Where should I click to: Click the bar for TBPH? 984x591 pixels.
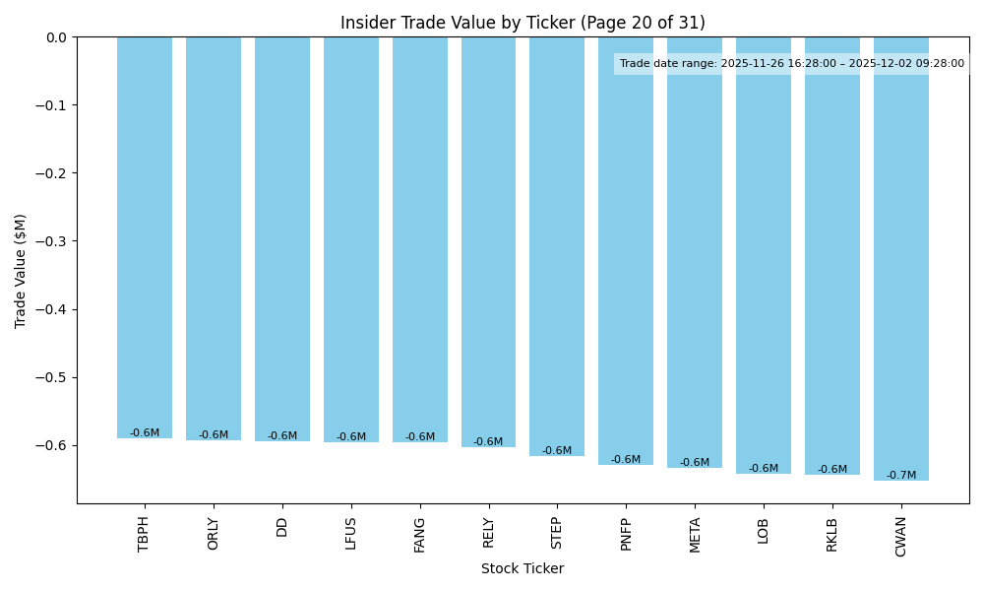(145, 236)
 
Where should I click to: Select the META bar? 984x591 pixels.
(695, 252)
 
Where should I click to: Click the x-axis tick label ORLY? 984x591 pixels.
(214, 533)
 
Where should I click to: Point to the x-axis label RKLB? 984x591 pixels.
(832, 534)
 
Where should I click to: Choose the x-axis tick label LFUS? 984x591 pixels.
(351, 533)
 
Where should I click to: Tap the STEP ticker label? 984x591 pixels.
(557, 533)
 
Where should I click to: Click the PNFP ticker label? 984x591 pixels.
(626, 533)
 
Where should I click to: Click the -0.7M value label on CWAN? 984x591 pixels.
(900, 476)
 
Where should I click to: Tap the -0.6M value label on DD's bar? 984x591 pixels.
(282, 436)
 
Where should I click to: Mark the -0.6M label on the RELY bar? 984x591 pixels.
(488, 442)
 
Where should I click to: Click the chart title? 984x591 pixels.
(523, 23)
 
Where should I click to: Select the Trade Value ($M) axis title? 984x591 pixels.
(21, 270)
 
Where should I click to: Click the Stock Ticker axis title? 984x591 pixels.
(523, 568)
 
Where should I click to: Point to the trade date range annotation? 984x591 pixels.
(791, 64)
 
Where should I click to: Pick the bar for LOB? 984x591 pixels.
(764, 255)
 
